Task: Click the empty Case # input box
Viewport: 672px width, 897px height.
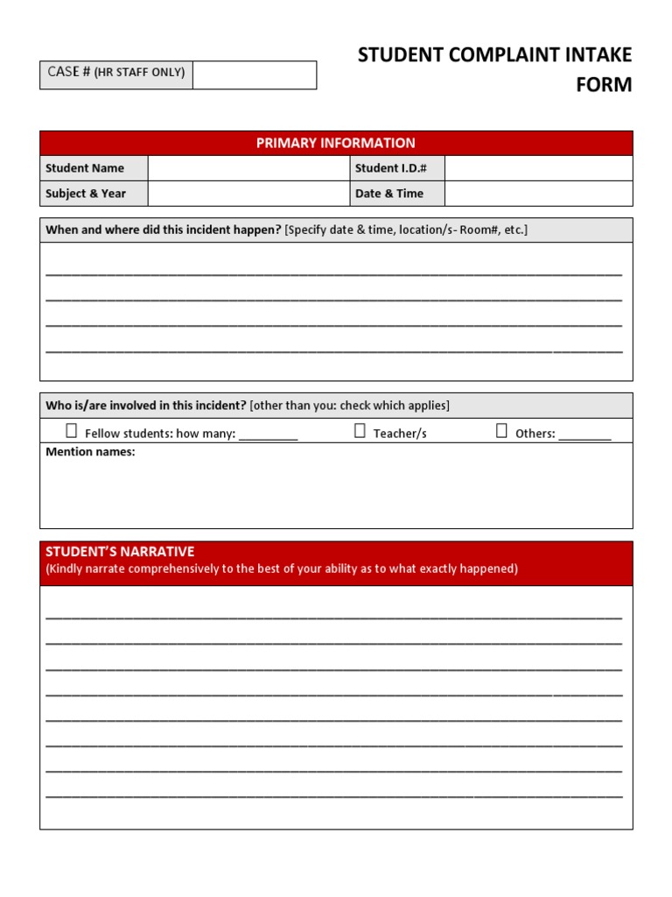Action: pos(255,74)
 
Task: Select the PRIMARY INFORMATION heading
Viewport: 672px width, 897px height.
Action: pos(336,143)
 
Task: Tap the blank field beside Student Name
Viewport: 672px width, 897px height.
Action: pos(248,168)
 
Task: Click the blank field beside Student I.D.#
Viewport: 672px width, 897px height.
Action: pos(538,168)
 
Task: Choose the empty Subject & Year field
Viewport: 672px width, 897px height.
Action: pos(248,194)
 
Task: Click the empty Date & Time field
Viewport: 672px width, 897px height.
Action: pos(538,194)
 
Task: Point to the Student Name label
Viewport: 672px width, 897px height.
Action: pos(85,168)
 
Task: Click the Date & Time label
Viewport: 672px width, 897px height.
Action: pos(388,194)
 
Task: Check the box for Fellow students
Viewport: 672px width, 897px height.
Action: pos(72,430)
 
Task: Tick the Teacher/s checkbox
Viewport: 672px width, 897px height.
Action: pos(360,430)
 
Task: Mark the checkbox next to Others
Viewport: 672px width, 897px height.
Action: pos(501,430)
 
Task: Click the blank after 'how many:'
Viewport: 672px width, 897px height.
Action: pos(269,434)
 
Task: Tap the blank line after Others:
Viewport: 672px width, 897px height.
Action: pos(584,434)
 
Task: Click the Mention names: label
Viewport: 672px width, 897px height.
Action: pos(90,452)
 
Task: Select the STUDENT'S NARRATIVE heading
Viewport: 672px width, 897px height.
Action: pos(120,552)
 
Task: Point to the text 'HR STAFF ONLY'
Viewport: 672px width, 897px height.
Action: pos(140,73)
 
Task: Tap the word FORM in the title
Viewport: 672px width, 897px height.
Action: pos(605,86)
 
